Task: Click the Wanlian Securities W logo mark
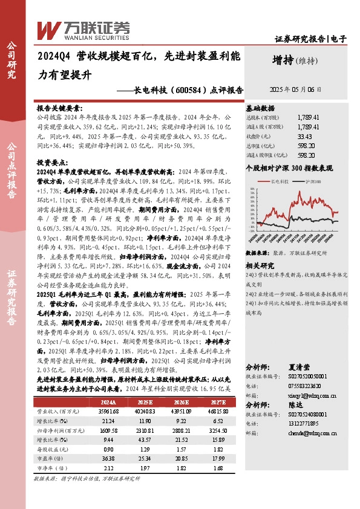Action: coord(47,28)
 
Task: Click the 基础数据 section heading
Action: coord(261,106)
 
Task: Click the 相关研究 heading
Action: coord(260,248)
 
